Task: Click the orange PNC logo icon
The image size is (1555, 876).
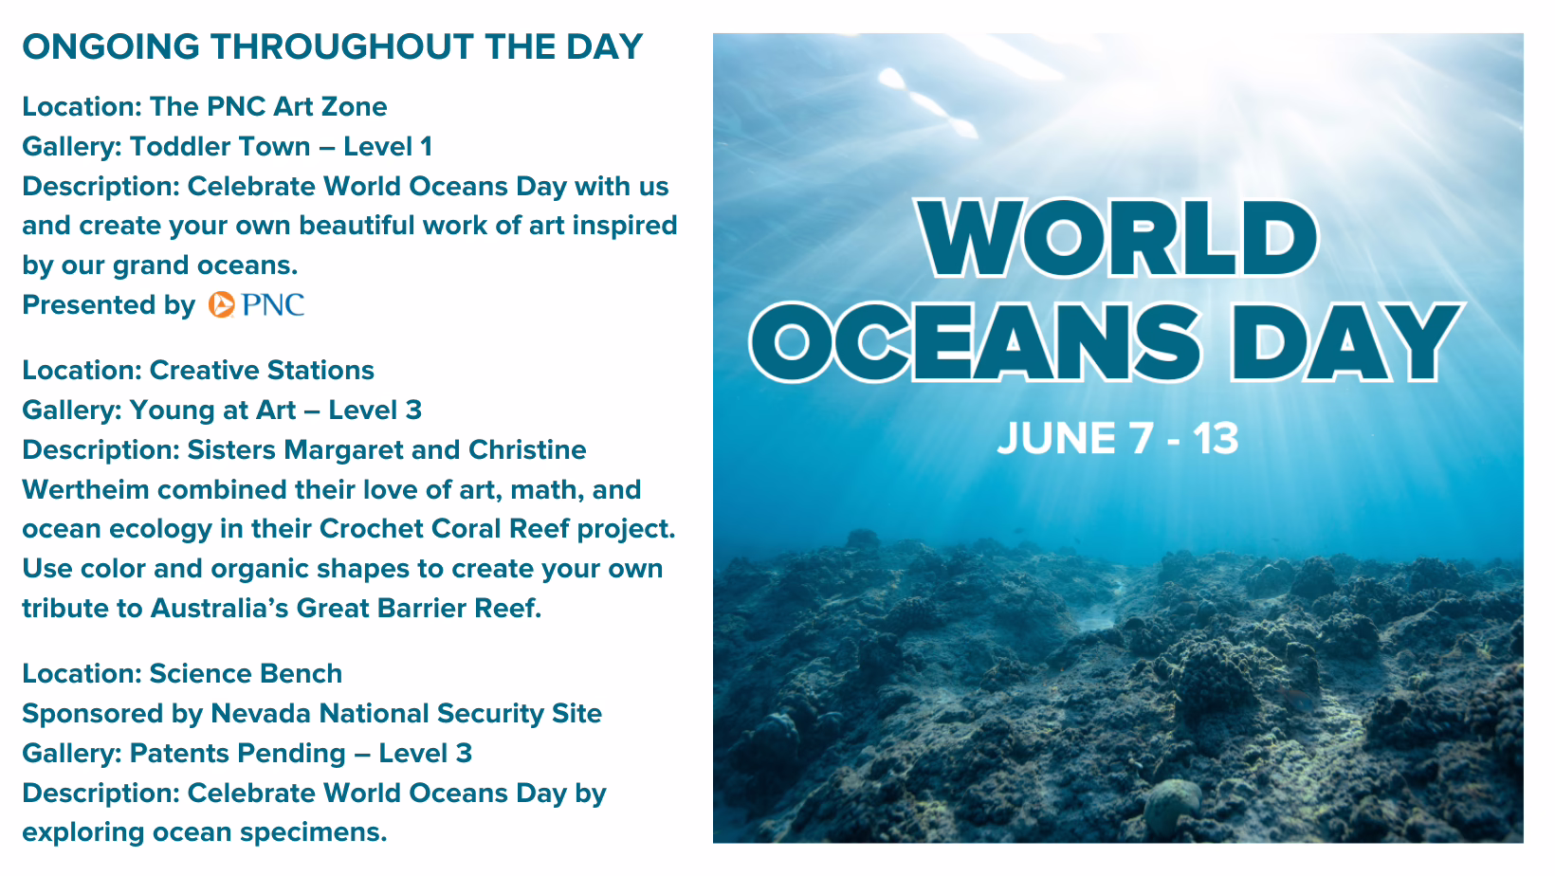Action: pos(222,304)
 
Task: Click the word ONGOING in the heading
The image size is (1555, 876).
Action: pos(111,47)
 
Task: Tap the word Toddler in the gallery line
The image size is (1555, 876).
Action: pos(174,146)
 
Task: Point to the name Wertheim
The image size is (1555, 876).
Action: pos(85,489)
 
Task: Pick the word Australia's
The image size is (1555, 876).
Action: pos(219,608)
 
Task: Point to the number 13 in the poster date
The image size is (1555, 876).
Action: pos(1216,439)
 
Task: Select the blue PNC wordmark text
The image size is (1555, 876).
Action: pos(273,304)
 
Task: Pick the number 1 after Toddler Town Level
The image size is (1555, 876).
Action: pos(427,146)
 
